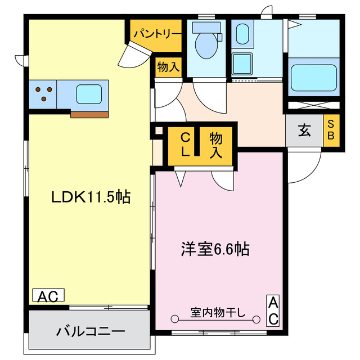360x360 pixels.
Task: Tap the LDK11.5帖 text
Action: click(x=92, y=197)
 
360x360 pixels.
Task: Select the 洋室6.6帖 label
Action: click(x=215, y=248)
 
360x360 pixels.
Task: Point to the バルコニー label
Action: click(x=90, y=331)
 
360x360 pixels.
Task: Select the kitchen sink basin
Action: click(x=89, y=93)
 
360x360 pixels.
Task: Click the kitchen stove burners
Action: click(x=43, y=93)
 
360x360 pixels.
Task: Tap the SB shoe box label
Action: click(x=331, y=130)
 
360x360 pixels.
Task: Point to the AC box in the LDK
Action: click(x=49, y=295)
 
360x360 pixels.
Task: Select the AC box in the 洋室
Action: click(x=272, y=310)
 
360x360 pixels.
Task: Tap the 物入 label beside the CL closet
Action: click(x=216, y=144)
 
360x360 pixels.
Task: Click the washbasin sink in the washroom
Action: click(x=243, y=34)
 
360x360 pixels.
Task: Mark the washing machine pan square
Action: click(x=244, y=65)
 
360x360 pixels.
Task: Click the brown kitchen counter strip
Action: click(x=89, y=114)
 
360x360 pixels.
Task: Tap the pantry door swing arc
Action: click(x=135, y=55)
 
